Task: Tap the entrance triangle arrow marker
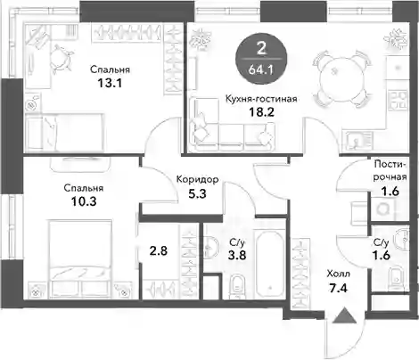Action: point(344,315)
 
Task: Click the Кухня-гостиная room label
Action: point(261,99)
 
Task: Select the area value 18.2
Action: point(261,112)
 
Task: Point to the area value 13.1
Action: point(110,83)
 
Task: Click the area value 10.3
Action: point(84,201)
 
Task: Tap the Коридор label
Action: point(198,179)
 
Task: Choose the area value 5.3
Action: point(197,194)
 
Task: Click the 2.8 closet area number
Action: point(159,251)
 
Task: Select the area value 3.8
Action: point(237,255)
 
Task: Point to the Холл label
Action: point(338,274)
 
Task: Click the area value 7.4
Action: point(338,288)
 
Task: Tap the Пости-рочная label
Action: point(390,170)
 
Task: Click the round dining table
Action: point(341,79)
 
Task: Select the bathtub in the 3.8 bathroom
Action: point(270,266)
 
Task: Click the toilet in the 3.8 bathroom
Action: point(237,284)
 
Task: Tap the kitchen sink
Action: point(359,140)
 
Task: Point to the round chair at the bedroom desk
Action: point(61,58)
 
